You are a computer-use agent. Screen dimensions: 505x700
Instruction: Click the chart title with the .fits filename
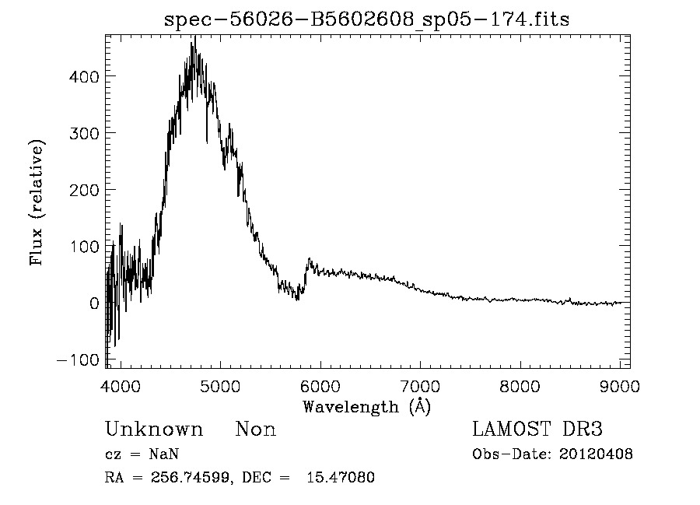pos(366,19)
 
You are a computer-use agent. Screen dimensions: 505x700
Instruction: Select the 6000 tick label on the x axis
pos(320,387)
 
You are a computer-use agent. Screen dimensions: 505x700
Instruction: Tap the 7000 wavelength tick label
pos(420,387)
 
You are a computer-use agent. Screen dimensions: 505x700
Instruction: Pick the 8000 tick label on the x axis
pos(520,387)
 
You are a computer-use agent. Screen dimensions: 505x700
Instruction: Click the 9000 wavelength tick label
pos(620,387)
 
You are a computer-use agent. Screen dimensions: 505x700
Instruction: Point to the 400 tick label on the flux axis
pos(82,76)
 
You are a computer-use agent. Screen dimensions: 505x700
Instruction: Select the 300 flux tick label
pos(82,133)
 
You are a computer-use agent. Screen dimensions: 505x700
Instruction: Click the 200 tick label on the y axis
pos(82,190)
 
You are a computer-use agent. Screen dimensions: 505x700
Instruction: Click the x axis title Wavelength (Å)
pos(366,406)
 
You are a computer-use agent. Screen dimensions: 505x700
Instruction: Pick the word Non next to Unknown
pos(255,430)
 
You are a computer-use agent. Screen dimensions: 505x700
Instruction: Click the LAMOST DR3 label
pos(537,430)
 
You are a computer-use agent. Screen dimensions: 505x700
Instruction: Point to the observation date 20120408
pos(596,454)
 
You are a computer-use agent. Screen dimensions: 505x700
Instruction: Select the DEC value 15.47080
pos(342,478)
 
